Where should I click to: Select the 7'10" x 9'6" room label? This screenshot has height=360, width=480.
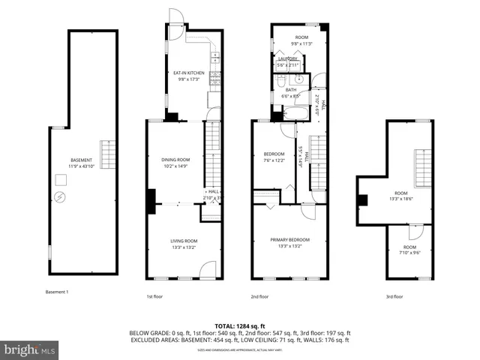pyautogui.click(x=409, y=250)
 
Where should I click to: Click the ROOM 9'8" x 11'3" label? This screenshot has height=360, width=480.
pyautogui.click(x=301, y=40)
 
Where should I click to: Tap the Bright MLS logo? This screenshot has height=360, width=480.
pyautogui.click(x=30, y=349)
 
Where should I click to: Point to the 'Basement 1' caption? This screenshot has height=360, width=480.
pyautogui.click(x=57, y=291)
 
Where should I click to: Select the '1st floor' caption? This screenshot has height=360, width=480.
pyautogui.click(x=154, y=296)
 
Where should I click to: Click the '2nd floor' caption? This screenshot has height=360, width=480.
pyautogui.click(x=259, y=296)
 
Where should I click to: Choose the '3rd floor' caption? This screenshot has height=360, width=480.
pyautogui.click(x=394, y=296)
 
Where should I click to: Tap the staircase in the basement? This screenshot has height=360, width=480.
pyautogui.click(x=109, y=155)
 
